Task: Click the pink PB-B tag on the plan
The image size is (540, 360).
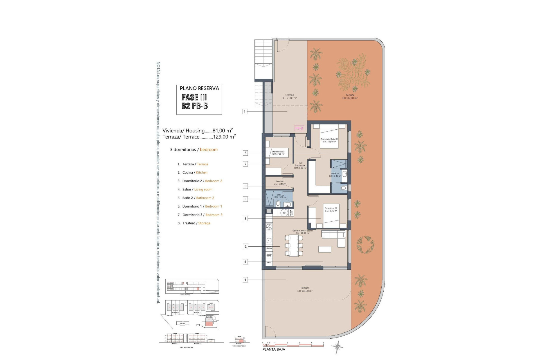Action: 299,128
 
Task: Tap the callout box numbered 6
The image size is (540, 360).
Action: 245,153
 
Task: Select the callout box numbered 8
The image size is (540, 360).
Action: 245,186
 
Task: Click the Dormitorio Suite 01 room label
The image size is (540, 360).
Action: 329,140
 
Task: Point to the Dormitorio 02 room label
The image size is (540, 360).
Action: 331,210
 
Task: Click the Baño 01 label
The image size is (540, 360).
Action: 335,175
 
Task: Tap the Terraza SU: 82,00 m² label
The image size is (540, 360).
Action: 350,96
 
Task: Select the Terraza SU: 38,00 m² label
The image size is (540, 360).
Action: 305,289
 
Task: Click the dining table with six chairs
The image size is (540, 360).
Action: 294,246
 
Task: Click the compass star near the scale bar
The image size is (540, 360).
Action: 337,346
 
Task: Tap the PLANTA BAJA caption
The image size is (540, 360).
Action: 274,349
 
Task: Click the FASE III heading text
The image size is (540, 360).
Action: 194,98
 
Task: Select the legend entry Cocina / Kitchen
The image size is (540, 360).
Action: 195,172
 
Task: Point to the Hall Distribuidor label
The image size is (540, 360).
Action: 300,165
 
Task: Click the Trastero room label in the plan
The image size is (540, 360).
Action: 280,183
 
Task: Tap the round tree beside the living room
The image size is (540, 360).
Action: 365,244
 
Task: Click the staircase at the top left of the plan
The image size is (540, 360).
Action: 264,60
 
